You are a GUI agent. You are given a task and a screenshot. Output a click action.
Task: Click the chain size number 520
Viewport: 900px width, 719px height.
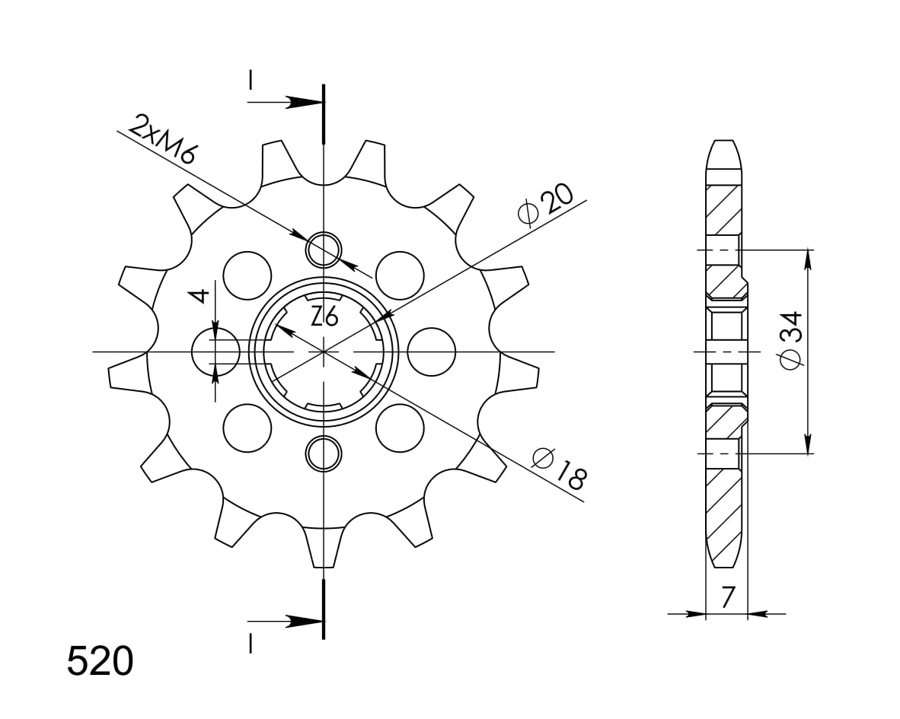pyautogui.click(x=100, y=661)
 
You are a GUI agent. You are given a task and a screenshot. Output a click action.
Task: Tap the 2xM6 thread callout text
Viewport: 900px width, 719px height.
pyautogui.click(x=163, y=141)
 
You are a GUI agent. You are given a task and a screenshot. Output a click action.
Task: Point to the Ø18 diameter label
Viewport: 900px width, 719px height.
pyautogui.click(x=559, y=468)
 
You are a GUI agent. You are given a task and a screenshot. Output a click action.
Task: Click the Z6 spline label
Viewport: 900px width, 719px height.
pyautogui.click(x=324, y=315)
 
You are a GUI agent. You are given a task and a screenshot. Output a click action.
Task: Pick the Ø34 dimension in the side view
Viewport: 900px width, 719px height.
pyautogui.click(x=790, y=340)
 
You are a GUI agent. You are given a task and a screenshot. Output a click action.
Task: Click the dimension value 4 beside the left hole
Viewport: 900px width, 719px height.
pyautogui.click(x=199, y=296)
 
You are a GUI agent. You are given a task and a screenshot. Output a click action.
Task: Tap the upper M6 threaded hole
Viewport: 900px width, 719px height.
pyautogui.click(x=324, y=249)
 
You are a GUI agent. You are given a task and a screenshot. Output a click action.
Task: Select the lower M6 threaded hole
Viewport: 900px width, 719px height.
pyautogui.click(x=324, y=453)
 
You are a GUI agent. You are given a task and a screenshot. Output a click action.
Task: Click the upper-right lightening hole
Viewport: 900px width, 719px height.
pyautogui.click(x=400, y=275)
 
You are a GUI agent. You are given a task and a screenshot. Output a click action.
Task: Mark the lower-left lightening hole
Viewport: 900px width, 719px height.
pyautogui.click(x=247, y=428)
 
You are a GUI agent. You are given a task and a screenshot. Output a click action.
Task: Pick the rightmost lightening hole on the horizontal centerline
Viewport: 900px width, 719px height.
pyautogui.click(x=431, y=352)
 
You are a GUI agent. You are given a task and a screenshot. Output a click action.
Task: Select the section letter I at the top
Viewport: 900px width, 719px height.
pyautogui.click(x=251, y=81)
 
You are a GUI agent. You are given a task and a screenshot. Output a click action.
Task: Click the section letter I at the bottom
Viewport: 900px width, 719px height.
pyautogui.click(x=251, y=643)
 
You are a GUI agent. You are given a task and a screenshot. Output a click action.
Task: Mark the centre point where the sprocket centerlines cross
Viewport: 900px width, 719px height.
pyautogui.click(x=324, y=352)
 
